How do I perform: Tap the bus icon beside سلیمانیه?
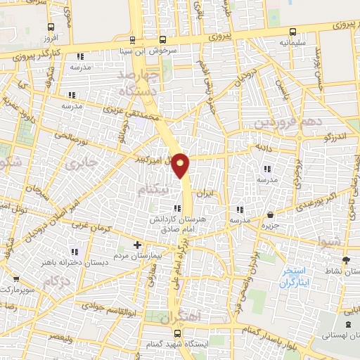point(293,31)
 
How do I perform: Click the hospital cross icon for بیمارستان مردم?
point(137,245)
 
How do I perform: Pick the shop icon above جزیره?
point(271,215)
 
